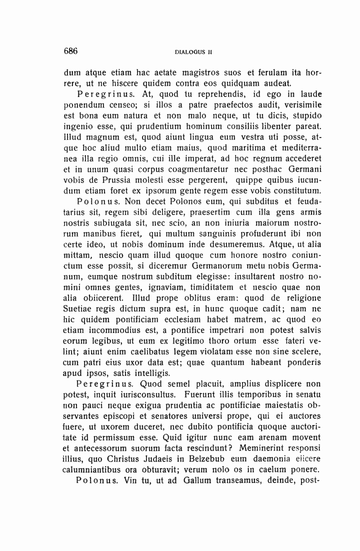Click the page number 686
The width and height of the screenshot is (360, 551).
(73, 50)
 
